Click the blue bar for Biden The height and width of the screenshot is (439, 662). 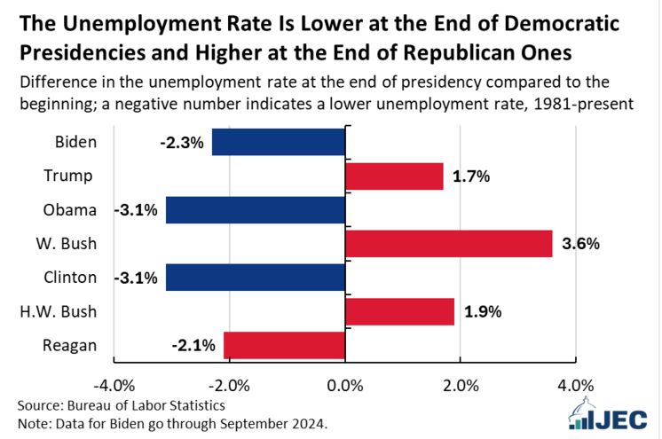click(279, 142)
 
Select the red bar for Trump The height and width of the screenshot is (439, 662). click(394, 176)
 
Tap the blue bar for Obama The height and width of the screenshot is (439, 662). click(256, 209)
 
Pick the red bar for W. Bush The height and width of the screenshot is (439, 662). click(448, 243)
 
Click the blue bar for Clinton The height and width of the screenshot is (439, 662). click(256, 277)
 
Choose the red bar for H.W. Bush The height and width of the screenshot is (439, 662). click(399, 311)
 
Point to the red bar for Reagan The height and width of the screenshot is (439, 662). click(284, 345)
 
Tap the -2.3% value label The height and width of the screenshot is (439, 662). click(182, 143)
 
